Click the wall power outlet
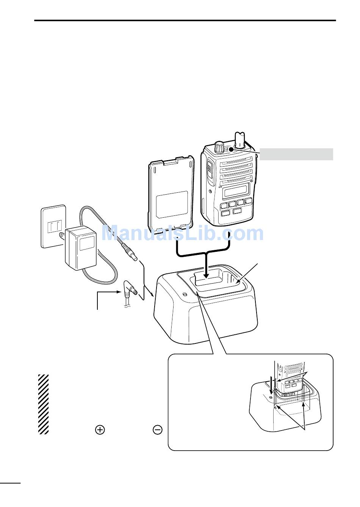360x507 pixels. coord(53,226)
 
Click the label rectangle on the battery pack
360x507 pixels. coord(172,204)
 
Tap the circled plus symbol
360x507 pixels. coord(100,429)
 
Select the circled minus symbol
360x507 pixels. coord(158,429)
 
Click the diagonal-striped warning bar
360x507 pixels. coord(44,404)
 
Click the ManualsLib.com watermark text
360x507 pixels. coord(183,234)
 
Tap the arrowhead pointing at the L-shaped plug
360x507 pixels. coord(118,292)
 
